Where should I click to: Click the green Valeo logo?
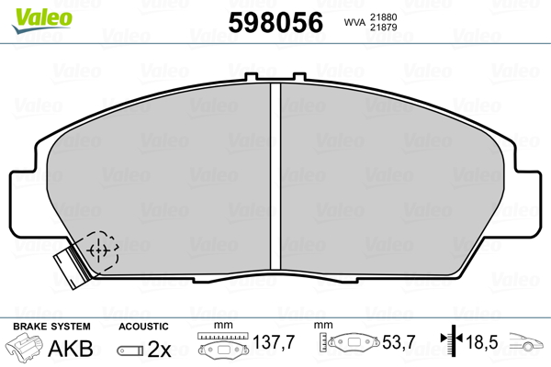point(42,19)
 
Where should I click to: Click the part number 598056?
point(275,22)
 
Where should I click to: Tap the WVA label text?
point(354,22)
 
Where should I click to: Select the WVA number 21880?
point(383,17)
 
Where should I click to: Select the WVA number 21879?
point(383,27)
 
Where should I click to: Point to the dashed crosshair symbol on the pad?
point(99,250)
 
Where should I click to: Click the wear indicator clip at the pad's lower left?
point(73,265)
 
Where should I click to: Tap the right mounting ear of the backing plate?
point(527,204)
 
